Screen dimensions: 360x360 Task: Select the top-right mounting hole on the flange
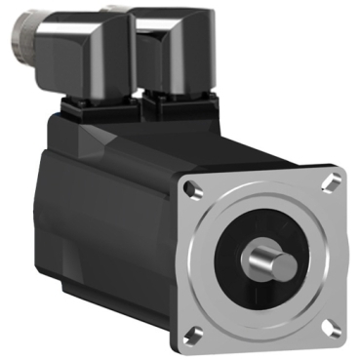click(x=333, y=181)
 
